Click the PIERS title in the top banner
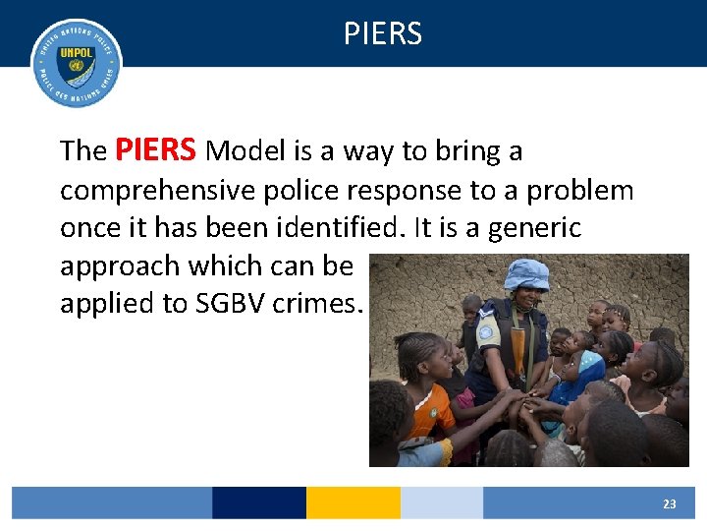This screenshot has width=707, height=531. pos(383,34)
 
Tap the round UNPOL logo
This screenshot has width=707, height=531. pos(77,63)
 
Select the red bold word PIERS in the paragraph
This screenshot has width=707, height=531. pos(157,150)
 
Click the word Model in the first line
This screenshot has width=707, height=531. pos(242,152)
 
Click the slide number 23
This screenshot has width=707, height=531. pos(669,503)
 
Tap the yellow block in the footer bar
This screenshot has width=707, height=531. pos(353,502)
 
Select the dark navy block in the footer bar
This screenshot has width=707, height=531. pos(258,502)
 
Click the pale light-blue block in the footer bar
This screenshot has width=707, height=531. pos(441,502)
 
